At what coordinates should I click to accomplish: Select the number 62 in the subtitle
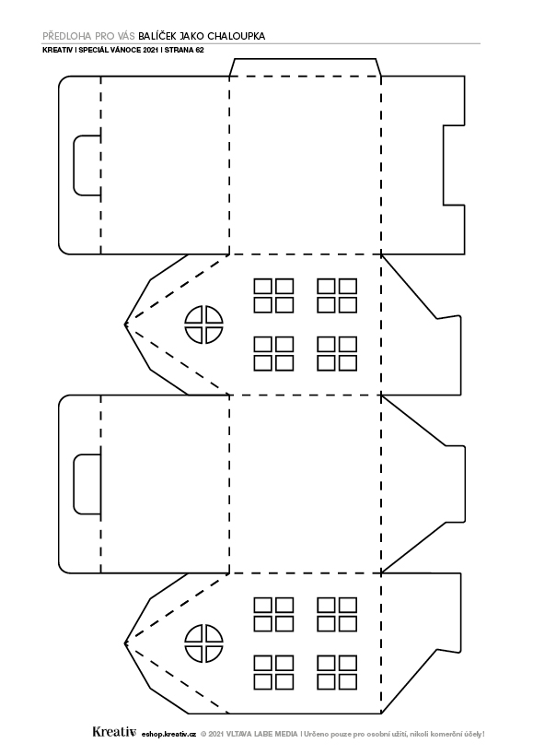[200, 50]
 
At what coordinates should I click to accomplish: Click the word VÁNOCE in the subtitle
[128, 50]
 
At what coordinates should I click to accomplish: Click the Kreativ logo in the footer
[115, 732]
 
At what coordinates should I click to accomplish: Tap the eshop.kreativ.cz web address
[169, 735]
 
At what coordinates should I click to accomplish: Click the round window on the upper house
[203, 324]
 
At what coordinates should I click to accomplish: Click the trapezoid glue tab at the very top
[306, 67]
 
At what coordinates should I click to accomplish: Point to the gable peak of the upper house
[125, 324]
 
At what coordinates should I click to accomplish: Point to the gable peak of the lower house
[125, 643]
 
